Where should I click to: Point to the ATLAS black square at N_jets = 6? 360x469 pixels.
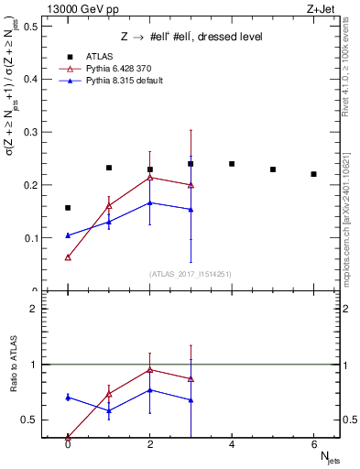click(x=313, y=174)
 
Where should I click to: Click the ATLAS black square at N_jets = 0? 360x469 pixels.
click(x=68, y=208)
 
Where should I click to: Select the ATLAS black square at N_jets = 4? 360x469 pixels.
click(x=232, y=164)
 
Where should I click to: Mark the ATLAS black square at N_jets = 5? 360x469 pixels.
click(x=273, y=169)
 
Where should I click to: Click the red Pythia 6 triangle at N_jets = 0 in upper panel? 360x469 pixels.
click(x=68, y=257)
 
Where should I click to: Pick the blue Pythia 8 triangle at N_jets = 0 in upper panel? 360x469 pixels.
click(x=68, y=235)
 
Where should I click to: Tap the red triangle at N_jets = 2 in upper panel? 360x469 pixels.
click(x=150, y=177)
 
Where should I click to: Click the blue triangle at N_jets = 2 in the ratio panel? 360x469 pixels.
click(x=150, y=389)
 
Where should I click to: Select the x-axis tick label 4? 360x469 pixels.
click(x=232, y=445)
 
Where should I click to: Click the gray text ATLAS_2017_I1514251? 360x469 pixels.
click(x=191, y=274)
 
